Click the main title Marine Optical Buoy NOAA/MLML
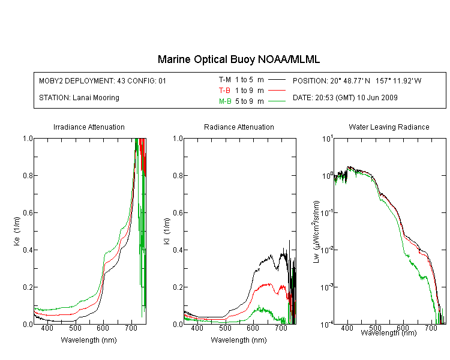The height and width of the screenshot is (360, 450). point(238,59)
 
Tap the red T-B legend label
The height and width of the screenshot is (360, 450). point(224,91)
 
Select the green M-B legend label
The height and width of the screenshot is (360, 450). point(225,101)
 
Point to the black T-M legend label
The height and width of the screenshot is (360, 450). point(225,80)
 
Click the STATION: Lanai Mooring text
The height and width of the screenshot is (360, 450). point(79,98)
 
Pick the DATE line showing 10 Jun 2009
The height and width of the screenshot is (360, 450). point(345,98)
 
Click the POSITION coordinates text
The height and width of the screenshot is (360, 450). point(357,81)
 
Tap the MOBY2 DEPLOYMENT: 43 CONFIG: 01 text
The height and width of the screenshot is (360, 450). point(103,81)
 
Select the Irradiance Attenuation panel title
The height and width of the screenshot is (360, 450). point(89,127)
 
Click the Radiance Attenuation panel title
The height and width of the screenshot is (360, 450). point(239,127)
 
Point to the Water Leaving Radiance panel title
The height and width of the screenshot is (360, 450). point(389,127)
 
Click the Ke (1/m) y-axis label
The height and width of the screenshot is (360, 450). point(17,231)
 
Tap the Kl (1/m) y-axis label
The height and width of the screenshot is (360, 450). point(167,231)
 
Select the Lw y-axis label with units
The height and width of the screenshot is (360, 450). point(316,232)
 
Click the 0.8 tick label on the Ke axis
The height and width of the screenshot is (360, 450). point(28,175)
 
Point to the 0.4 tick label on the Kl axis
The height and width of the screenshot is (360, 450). point(178,250)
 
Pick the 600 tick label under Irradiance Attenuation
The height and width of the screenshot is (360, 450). point(103,328)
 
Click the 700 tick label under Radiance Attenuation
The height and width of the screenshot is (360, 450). point(281,328)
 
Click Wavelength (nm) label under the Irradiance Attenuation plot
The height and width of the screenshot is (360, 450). point(89,340)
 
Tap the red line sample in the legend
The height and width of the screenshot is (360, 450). point(277,91)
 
